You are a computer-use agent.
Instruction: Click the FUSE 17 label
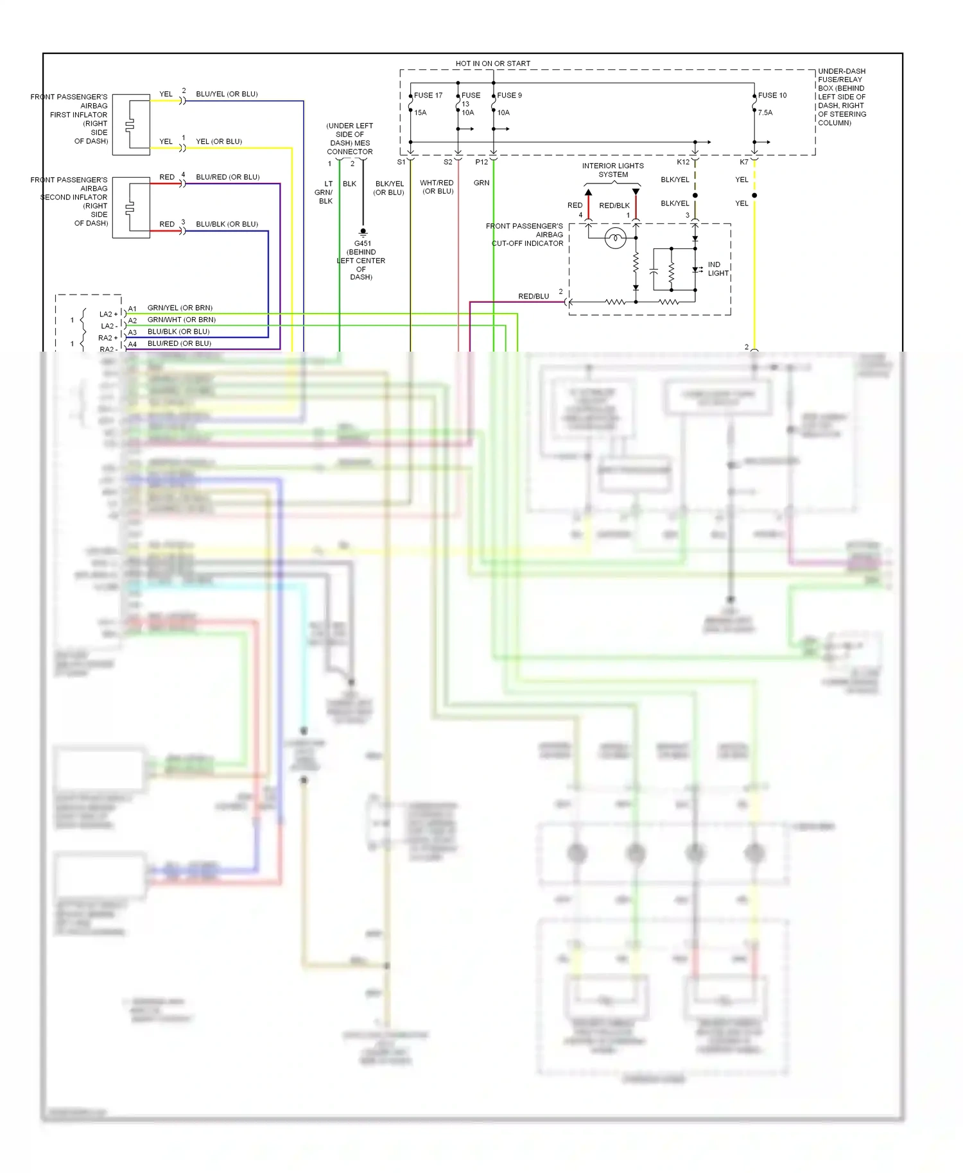click(428, 95)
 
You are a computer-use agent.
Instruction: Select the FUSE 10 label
click(772, 95)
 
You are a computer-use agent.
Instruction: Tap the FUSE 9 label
click(509, 95)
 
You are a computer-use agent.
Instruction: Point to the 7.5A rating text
click(765, 112)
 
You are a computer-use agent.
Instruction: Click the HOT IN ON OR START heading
click(492, 64)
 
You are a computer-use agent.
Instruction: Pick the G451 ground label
click(363, 243)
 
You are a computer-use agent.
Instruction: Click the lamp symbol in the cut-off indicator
click(615, 238)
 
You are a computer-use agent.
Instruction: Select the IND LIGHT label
click(718, 269)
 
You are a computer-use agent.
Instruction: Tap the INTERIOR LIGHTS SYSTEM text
click(612, 170)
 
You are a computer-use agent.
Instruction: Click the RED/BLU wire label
click(534, 296)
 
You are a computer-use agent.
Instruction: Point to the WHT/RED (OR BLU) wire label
click(437, 187)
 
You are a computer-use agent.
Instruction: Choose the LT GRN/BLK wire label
click(325, 192)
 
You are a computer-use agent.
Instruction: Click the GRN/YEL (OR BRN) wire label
click(180, 308)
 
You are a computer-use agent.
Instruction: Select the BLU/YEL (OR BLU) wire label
click(227, 94)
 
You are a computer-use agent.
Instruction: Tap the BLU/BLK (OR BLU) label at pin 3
click(227, 224)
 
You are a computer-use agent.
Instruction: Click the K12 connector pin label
click(683, 162)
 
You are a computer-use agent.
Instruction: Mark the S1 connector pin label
click(401, 162)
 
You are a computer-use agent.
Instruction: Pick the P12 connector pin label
click(481, 162)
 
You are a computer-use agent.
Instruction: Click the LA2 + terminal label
click(108, 314)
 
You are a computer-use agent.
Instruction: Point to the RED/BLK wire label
click(614, 205)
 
